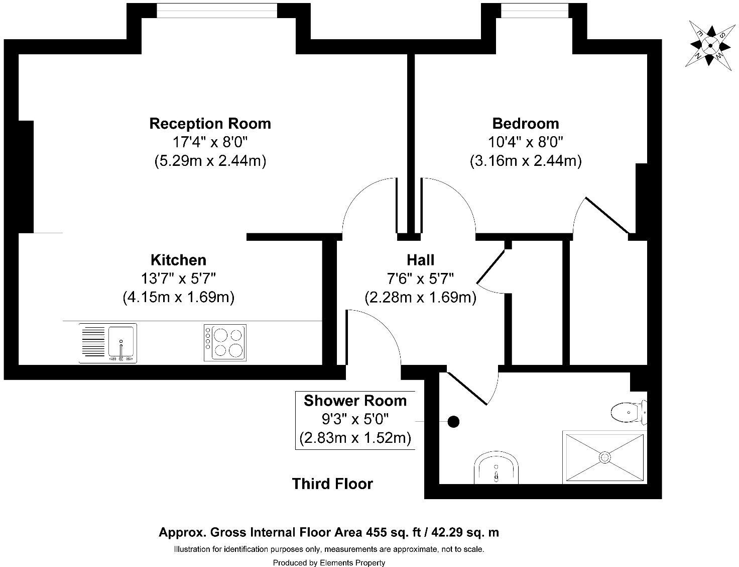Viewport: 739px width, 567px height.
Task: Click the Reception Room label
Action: tap(210, 124)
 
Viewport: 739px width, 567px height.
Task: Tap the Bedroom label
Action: tap(526, 124)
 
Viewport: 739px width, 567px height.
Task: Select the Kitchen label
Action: tap(179, 260)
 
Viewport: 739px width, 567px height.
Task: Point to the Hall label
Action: tap(421, 260)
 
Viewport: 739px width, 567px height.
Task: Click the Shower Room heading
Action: tap(355, 401)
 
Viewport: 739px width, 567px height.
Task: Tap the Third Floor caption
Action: tap(333, 484)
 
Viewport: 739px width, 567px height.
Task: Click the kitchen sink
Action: tap(108, 343)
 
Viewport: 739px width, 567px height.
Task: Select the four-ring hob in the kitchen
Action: tap(225, 343)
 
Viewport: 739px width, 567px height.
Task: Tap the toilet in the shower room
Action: tap(629, 413)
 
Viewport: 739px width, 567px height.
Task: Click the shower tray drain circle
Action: tap(604, 457)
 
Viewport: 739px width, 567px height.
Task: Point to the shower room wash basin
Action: tap(496, 467)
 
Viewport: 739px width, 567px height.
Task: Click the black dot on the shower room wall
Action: tap(453, 422)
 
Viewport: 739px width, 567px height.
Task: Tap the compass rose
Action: tap(710, 46)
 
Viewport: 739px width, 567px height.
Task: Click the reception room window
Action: tap(217, 11)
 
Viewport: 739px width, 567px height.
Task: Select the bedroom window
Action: tap(534, 11)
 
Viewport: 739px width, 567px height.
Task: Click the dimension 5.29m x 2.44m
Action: tap(210, 161)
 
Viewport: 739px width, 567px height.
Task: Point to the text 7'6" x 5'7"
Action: tap(421, 279)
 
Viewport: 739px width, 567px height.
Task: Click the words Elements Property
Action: tap(352, 563)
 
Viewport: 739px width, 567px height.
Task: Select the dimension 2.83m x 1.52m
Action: tap(355, 438)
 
